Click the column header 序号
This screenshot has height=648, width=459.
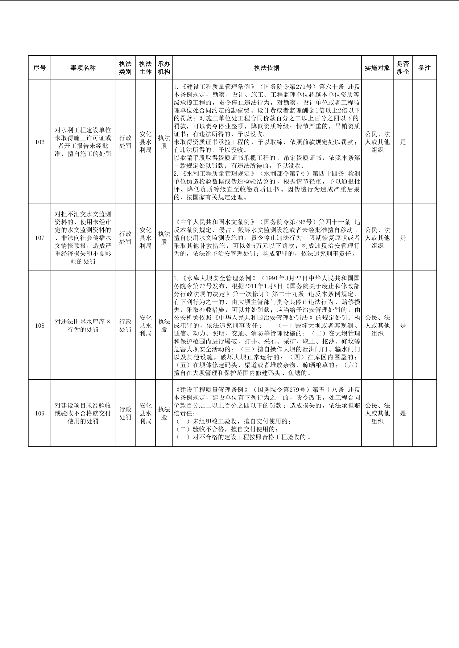coord(39,68)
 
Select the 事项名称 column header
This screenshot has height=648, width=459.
coord(83,68)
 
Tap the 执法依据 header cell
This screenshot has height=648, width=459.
coord(267,68)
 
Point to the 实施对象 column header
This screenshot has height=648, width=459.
coord(377,68)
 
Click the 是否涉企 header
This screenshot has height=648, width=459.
coord(403,68)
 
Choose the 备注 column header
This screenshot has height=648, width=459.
coord(424,68)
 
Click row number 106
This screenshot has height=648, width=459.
coord(40,142)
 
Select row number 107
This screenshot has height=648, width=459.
coord(40,238)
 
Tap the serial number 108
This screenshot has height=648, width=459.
coord(40,326)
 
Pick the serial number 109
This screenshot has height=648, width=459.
coord(40,413)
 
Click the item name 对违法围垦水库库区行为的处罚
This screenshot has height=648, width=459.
coord(83,326)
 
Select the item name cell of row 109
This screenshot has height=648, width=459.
coord(83,413)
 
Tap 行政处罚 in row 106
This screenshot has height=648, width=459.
coord(125,142)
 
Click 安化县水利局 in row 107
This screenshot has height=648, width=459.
coord(145,238)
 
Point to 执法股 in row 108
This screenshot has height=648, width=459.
coord(164,326)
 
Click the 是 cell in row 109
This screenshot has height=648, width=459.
coord(403,413)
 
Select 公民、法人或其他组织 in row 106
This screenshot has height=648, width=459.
coord(377,142)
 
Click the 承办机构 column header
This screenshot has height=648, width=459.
coord(164,68)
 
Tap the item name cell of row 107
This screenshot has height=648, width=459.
coord(83,238)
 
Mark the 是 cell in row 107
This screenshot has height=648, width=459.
coord(403,238)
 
